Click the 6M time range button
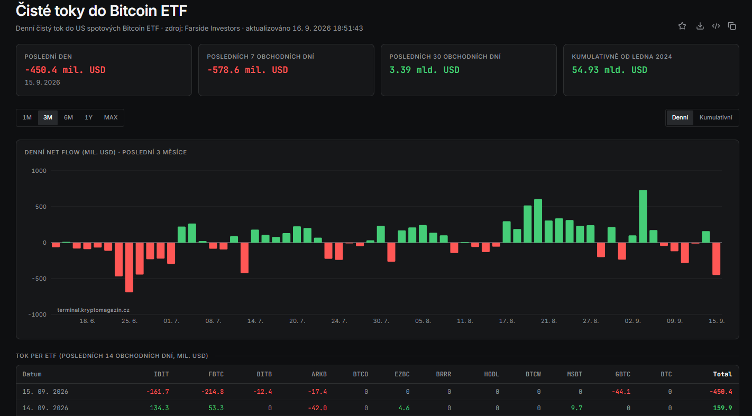pos(68,117)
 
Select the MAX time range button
pos(111,117)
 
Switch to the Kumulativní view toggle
pos(716,117)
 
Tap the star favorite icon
pos(682,26)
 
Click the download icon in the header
pos(700,26)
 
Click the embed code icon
pos(716,26)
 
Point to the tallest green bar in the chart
pos(643,216)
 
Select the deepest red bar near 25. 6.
pos(129,267)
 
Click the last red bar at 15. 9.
pos(716,258)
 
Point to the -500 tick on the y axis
pos(39,279)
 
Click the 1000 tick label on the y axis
pos(39,171)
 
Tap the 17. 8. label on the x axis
pos(507,321)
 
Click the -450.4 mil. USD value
pos(65,70)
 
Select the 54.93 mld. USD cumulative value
pos(609,70)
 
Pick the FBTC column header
pos(216,374)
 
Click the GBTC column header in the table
pos(623,374)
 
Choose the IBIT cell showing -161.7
pos(158,392)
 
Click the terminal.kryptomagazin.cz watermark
pos(93,310)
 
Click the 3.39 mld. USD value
pos(424,70)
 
